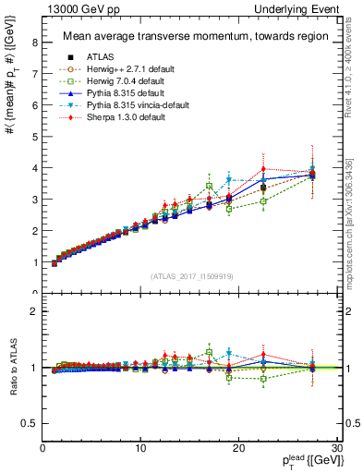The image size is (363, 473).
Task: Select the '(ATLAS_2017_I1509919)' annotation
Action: click(x=191, y=275)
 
